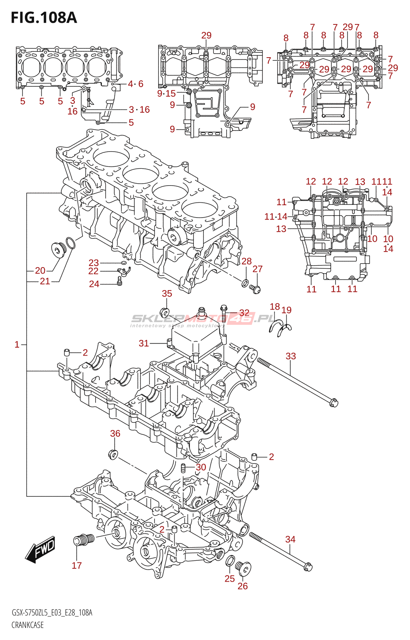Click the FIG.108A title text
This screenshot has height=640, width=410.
click(44, 18)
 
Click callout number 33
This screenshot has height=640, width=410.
click(291, 356)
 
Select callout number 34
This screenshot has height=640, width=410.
click(290, 539)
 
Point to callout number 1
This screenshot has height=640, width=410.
click(17, 344)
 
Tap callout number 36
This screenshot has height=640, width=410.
click(115, 434)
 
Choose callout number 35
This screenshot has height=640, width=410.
click(167, 294)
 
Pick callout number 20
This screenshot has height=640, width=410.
click(40, 270)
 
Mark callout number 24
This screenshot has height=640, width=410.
click(94, 284)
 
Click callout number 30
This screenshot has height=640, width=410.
click(201, 467)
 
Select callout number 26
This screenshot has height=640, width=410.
click(243, 586)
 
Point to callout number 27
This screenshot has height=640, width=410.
click(257, 269)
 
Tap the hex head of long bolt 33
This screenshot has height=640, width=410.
click(334, 403)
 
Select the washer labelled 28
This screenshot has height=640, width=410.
click(245, 284)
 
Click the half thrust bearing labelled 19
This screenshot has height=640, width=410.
click(285, 330)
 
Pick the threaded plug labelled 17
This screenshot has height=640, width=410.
click(84, 539)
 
